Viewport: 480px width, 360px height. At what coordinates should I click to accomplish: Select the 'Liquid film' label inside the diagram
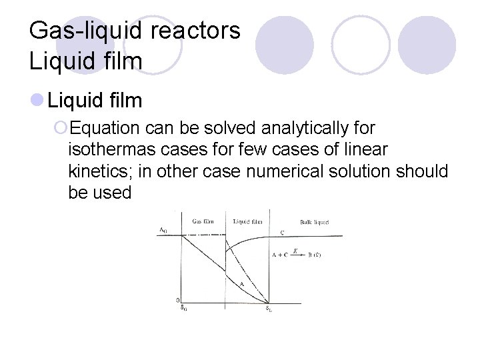tap(247, 221)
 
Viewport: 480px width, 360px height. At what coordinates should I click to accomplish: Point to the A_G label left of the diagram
tap(163, 230)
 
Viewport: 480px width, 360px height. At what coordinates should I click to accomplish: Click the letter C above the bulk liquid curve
tap(282, 232)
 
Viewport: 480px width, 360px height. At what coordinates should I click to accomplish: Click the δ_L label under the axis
tap(268, 307)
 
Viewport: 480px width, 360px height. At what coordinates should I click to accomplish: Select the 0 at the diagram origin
tap(177, 300)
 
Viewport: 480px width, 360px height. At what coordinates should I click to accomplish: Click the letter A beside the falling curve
tap(241, 283)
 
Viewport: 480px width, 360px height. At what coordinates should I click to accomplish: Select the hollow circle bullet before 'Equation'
tap(60, 127)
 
